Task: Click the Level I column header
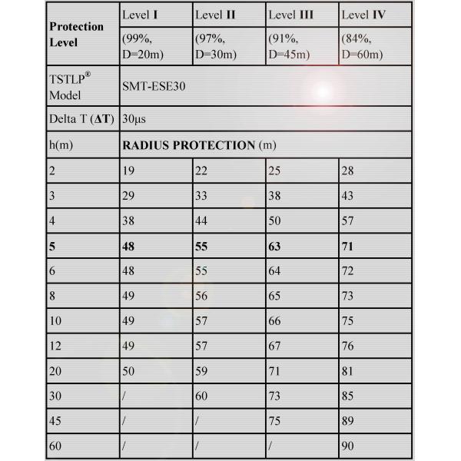point(139,15)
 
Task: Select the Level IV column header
point(363,15)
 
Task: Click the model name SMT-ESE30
point(153,87)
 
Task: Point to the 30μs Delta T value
point(134,119)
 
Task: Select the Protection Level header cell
point(76,34)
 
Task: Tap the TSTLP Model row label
point(70,87)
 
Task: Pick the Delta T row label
point(77,119)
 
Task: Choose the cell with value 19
point(128,170)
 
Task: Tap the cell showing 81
point(349,371)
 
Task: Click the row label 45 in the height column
point(55,421)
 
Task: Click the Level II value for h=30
point(201,396)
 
